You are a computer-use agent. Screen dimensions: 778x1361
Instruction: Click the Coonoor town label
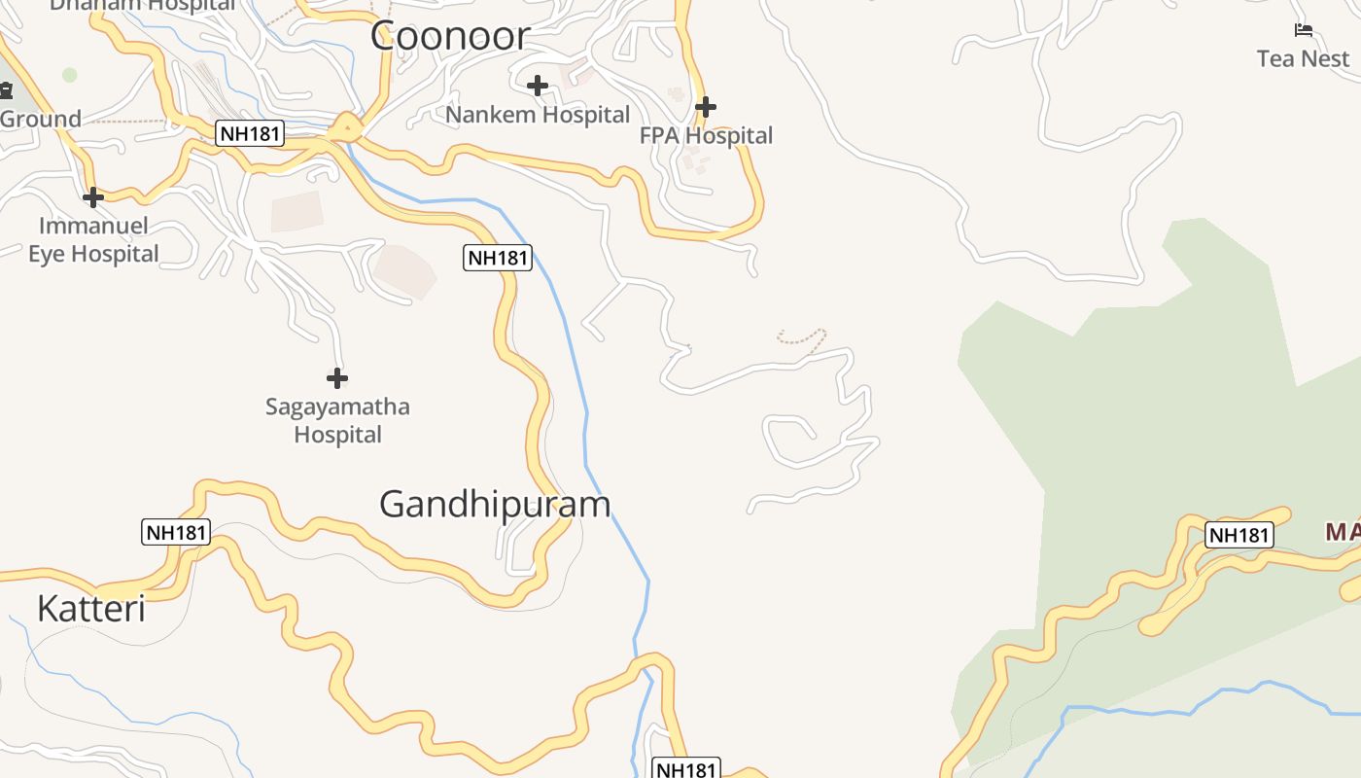coord(449,36)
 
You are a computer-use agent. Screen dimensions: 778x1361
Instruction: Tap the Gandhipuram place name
coord(495,504)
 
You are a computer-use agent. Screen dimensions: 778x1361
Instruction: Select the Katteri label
coord(90,609)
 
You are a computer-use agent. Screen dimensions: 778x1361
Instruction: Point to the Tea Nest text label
coord(1303,58)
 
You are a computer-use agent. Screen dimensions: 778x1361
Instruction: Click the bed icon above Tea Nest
coord(1304,30)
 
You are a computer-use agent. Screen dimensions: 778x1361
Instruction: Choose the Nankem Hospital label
coord(538,115)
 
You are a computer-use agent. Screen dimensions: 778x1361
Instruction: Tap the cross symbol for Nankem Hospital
coord(538,86)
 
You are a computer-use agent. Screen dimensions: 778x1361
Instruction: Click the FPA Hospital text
coord(706,135)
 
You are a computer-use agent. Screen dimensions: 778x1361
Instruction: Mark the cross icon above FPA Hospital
coord(706,106)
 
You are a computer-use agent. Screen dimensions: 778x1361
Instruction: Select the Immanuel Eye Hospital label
coord(93,240)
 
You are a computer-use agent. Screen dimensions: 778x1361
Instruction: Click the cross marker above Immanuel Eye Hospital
coord(93,197)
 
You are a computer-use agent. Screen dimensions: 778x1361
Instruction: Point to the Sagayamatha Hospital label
coord(337,420)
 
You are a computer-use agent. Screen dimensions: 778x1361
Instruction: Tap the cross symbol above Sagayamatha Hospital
coord(337,377)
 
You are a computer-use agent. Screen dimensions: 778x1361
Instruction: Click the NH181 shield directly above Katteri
coord(176,532)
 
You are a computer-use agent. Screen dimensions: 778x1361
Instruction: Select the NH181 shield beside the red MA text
coord(1239,535)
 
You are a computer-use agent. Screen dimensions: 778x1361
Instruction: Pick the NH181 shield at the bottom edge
coord(685,769)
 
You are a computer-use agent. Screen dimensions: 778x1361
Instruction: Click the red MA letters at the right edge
coord(1343,532)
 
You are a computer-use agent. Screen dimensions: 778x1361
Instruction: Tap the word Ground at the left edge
coord(40,120)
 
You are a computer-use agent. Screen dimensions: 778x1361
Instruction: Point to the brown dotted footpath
coord(803,337)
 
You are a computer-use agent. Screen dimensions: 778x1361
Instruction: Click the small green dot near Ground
coord(69,75)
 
